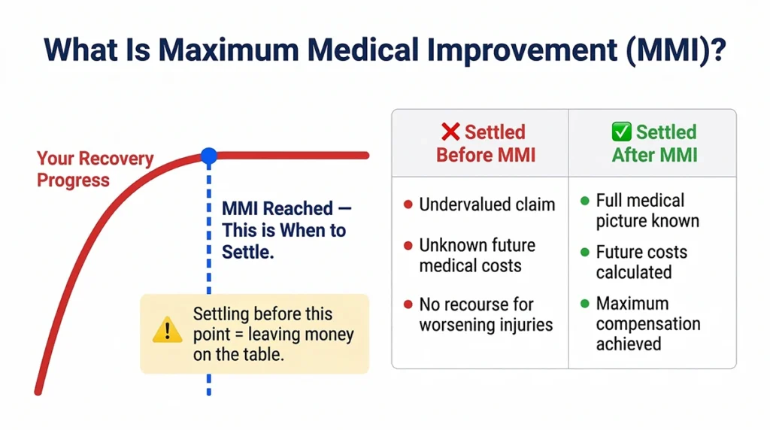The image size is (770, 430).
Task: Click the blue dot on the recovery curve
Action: point(209,156)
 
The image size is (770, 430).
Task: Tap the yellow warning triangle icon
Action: point(167,330)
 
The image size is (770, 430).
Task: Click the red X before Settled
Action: point(450,132)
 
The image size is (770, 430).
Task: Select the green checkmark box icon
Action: point(621,132)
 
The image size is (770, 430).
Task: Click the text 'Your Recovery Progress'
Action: point(95,169)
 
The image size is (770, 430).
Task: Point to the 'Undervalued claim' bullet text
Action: point(487,204)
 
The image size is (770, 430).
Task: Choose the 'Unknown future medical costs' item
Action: point(477,255)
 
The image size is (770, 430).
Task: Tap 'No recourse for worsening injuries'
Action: point(486,314)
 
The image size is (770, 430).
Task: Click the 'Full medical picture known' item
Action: point(647,210)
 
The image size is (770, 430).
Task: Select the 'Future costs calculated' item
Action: point(641,262)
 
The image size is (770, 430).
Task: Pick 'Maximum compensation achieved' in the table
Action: point(647,324)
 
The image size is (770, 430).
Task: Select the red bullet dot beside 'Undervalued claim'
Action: point(408,204)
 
